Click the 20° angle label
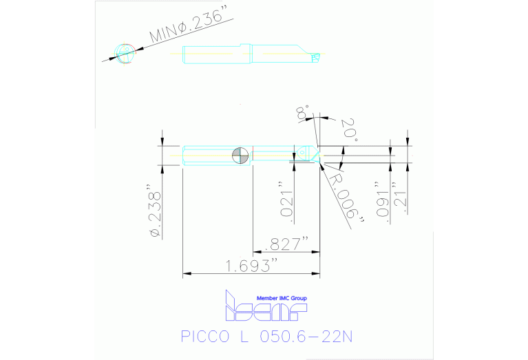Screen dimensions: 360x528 click(349, 129)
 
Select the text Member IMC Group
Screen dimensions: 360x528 click(282, 298)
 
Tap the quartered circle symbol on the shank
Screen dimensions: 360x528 click(241, 156)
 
